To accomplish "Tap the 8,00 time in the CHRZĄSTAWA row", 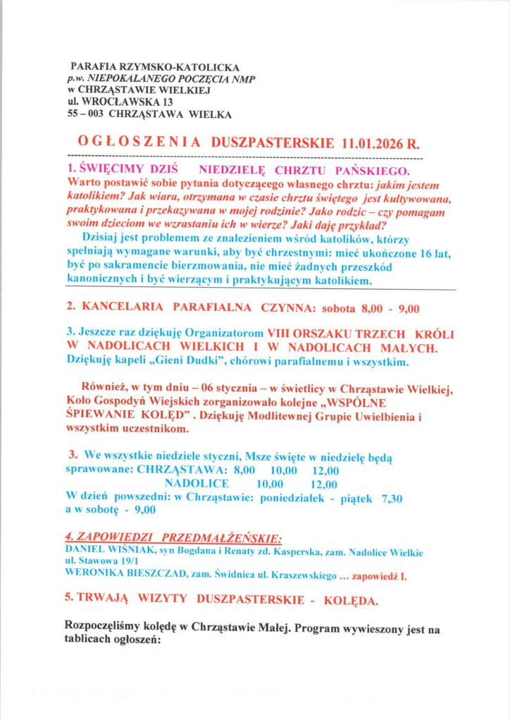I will click(x=245, y=470).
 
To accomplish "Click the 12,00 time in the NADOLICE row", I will click(x=323, y=484).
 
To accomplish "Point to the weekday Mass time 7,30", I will click(x=391, y=498).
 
